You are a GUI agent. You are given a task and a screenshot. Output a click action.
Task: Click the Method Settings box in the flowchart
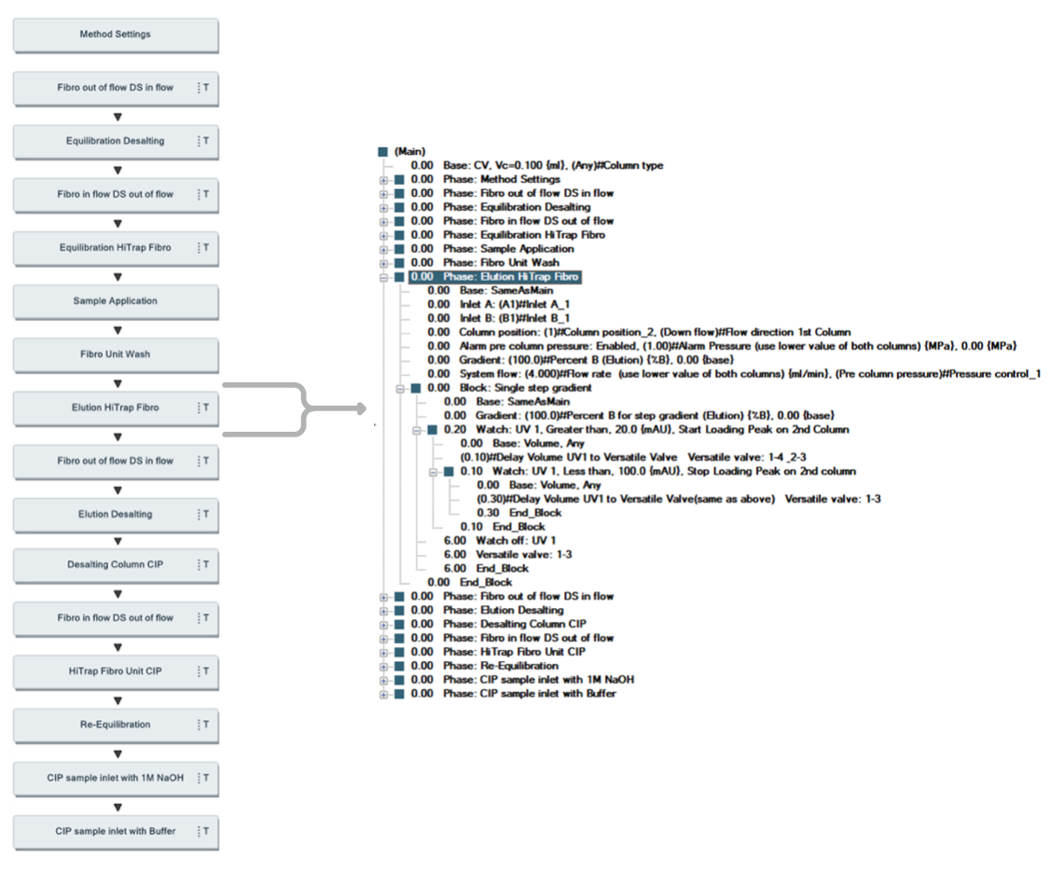tap(115, 35)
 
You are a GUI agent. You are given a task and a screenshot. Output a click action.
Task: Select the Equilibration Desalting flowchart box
tap(115, 142)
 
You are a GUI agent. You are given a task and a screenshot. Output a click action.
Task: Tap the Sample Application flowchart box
tap(115, 301)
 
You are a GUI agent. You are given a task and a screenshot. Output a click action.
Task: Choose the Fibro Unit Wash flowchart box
tap(115, 354)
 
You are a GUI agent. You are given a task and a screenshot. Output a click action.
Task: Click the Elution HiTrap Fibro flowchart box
tap(115, 408)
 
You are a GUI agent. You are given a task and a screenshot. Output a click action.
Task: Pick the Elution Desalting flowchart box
tap(115, 515)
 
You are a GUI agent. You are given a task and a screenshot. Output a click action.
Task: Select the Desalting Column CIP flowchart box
tap(115, 565)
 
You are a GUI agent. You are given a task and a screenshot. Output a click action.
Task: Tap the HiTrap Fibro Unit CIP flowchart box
tap(115, 671)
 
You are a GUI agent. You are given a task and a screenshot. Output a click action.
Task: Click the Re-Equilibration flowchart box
tap(115, 725)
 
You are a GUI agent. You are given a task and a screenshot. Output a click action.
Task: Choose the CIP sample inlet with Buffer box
tap(115, 832)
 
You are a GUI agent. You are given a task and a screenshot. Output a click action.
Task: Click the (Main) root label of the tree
tap(409, 151)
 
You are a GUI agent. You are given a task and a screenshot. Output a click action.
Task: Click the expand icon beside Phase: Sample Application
tap(383, 249)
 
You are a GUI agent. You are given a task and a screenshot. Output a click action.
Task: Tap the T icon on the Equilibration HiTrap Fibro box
tap(205, 248)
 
